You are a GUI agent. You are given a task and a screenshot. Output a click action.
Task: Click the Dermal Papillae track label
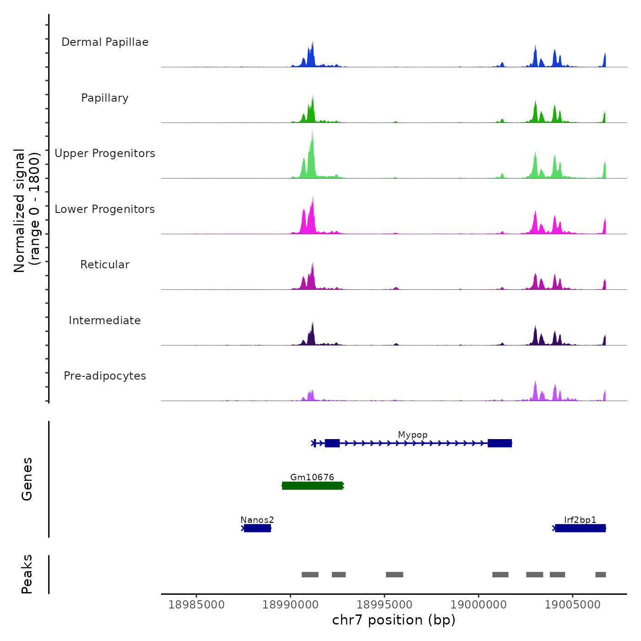(105, 42)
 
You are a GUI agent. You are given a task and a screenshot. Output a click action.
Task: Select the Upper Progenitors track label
(105, 153)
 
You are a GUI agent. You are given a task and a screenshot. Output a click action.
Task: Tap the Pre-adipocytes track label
(105, 376)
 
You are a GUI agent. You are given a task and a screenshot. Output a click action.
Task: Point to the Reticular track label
(105, 265)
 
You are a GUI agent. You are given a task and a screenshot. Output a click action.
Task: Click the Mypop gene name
(413, 435)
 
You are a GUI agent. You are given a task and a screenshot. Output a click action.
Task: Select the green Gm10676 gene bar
(312, 486)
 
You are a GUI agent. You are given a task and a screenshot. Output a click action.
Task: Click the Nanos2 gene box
(257, 528)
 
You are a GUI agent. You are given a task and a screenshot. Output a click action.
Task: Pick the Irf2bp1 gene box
(580, 528)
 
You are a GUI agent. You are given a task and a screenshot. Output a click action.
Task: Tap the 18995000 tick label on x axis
(385, 604)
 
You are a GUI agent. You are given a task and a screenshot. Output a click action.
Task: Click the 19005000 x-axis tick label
(572, 604)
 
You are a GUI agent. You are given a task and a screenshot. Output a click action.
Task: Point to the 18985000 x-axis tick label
(196, 604)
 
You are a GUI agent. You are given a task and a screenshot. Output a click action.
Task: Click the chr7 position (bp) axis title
(394, 620)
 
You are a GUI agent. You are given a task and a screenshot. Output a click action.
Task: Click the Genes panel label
(27, 479)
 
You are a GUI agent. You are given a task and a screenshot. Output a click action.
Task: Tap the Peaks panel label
(27, 574)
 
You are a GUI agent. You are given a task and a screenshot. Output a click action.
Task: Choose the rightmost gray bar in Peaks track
(600, 575)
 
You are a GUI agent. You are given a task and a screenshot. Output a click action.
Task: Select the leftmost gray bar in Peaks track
(310, 575)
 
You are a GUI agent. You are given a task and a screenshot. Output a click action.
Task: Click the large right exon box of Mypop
(500, 443)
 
